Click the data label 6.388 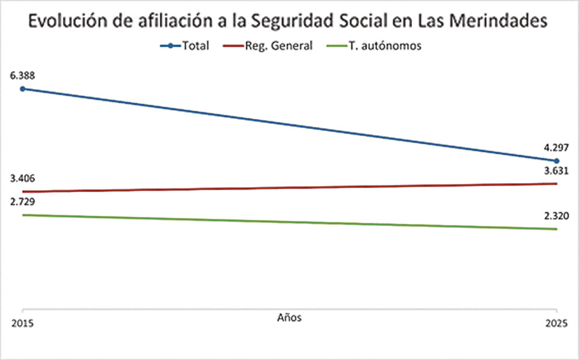point(21,75)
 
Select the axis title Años point(289,317)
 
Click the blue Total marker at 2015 point(22,89)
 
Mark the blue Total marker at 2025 point(557,160)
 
